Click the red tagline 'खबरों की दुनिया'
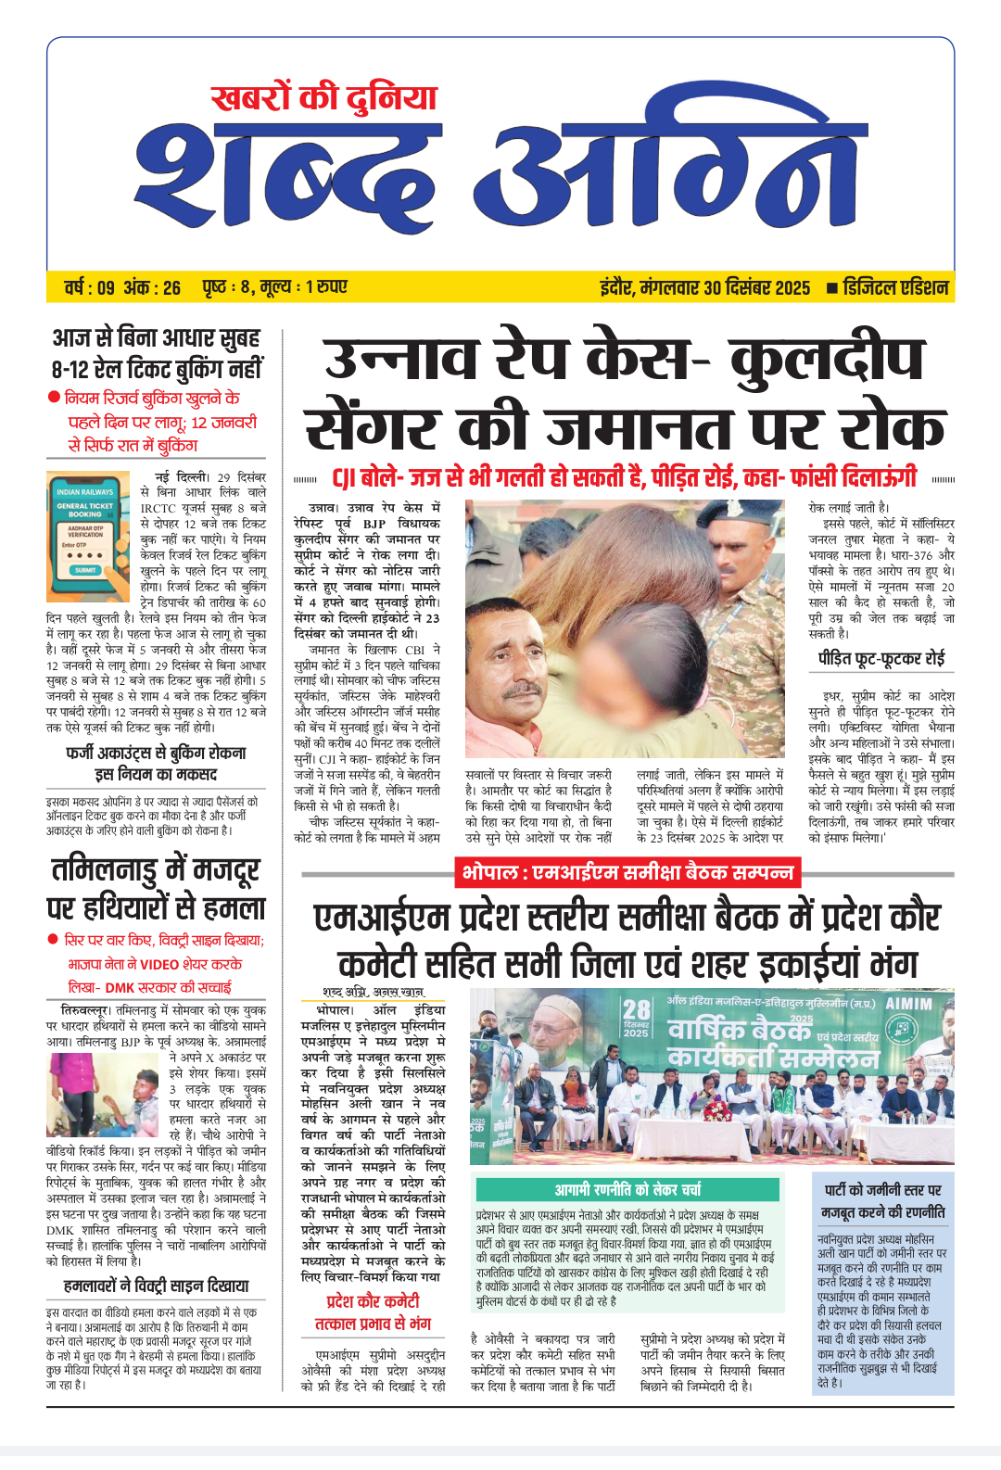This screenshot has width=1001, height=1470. (323, 98)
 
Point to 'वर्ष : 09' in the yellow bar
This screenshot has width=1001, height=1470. (89, 287)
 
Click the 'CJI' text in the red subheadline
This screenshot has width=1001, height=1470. (344, 479)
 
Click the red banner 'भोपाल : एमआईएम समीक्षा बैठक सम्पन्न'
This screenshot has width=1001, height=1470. (627, 873)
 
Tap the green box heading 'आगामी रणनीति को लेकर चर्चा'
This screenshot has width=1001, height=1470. (627, 1189)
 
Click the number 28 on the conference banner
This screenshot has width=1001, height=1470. (637, 1010)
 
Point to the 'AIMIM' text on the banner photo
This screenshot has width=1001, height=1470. (908, 1004)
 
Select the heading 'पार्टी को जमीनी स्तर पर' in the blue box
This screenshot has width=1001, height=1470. (883, 1190)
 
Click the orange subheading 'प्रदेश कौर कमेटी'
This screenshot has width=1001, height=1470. (373, 1301)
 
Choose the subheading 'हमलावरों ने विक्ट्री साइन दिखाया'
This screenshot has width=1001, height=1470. (157, 1286)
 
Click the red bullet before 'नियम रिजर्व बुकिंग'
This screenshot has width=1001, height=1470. (54, 398)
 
